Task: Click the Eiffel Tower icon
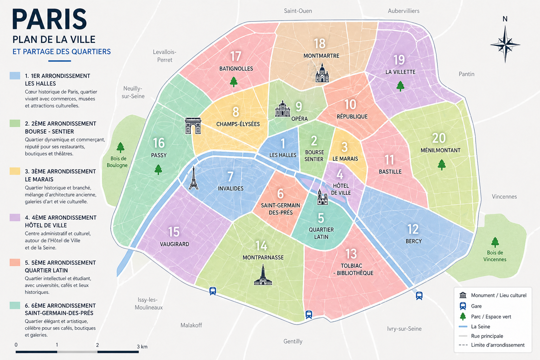(x=193, y=178)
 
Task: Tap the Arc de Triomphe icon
(x=193, y=126)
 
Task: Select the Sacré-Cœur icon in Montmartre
(x=322, y=73)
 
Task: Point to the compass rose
(x=505, y=44)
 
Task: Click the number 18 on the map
(x=320, y=44)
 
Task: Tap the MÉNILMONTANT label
(x=440, y=150)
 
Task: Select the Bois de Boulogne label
(x=117, y=162)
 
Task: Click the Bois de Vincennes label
(x=495, y=256)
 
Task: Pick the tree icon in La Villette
(x=400, y=86)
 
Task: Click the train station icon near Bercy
(x=419, y=296)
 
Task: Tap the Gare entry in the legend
(x=476, y=306)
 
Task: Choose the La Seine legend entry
(x=480, y=327)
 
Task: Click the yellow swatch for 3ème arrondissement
(x=15, y=171)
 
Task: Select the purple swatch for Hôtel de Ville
(x=15, y=217)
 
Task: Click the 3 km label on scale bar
(x=142, y=347)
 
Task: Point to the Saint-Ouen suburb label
(x=298, y=11)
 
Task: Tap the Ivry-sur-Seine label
(x=404, y=329)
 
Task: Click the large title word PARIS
(x=49, y=20)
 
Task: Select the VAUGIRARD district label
(x=174, y=244)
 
